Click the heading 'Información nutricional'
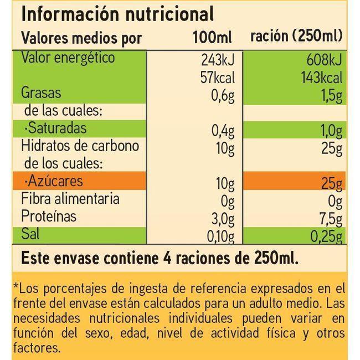coord(117,14)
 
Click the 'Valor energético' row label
coord(68,58)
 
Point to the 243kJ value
coord(219,60)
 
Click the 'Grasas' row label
coord(41,92)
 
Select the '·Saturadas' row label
coord(54,128)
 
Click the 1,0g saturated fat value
coord(331,132)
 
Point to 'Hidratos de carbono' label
coord(80,146)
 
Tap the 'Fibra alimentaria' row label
coord(70,198)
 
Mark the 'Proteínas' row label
coord(49,216)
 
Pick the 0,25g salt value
coord(327,237)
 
